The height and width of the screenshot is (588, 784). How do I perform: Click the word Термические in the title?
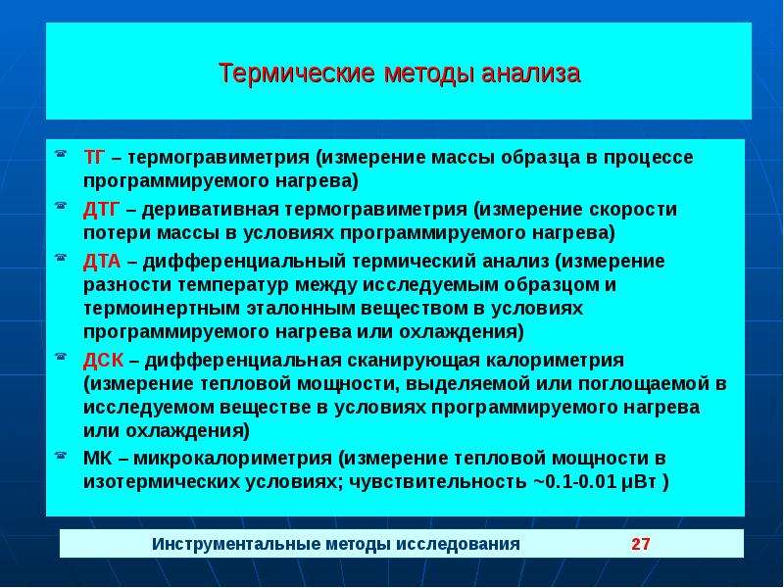pyautogui.click(x=297, y=73)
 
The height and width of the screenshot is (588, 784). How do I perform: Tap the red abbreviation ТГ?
pyautogui.click(x=94, y=157)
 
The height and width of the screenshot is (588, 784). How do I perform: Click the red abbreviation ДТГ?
pyautogui.click(x=102, y=209)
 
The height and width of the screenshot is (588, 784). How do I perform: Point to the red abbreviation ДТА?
pyautogui.click(x=102, y=261)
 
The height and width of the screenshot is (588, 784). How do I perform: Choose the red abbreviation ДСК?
pyautogui.click(x=103, y=360)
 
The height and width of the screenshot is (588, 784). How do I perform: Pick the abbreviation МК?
pyautogui.click(x=98, y=458)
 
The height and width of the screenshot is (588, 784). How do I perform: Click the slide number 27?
pyautogui.click(x=641, y=544)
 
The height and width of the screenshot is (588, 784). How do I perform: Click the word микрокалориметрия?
pyautogui.click(x=232, y=459)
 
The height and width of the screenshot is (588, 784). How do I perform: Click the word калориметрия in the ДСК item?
pyautogui.click(x=555, y=361)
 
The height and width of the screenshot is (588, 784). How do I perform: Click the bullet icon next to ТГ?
pyautogui.click(x=61, y=154)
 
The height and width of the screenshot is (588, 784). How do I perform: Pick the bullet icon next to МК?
pyautogui.click(x=61, y=455)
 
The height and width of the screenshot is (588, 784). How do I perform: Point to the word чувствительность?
pyautogui.click(x=437, y=482)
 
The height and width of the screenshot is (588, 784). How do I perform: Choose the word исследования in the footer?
pyautogui.click(x=458, y=544)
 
